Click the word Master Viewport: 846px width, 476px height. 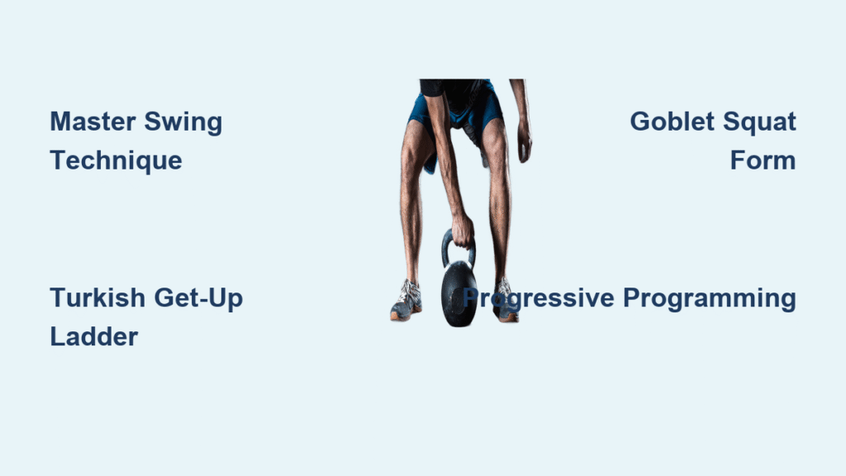tap(93, 121)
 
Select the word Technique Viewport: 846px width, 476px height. tap(116, 161)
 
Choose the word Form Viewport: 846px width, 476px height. tap(763, 161)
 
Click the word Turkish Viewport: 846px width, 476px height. tap(97, 297)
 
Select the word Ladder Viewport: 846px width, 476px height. tap(94, 337)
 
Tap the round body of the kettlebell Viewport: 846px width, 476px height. tap(459, 294)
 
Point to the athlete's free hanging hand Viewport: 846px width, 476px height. tap(524, 143)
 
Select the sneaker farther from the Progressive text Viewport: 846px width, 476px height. tap(406, 301)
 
